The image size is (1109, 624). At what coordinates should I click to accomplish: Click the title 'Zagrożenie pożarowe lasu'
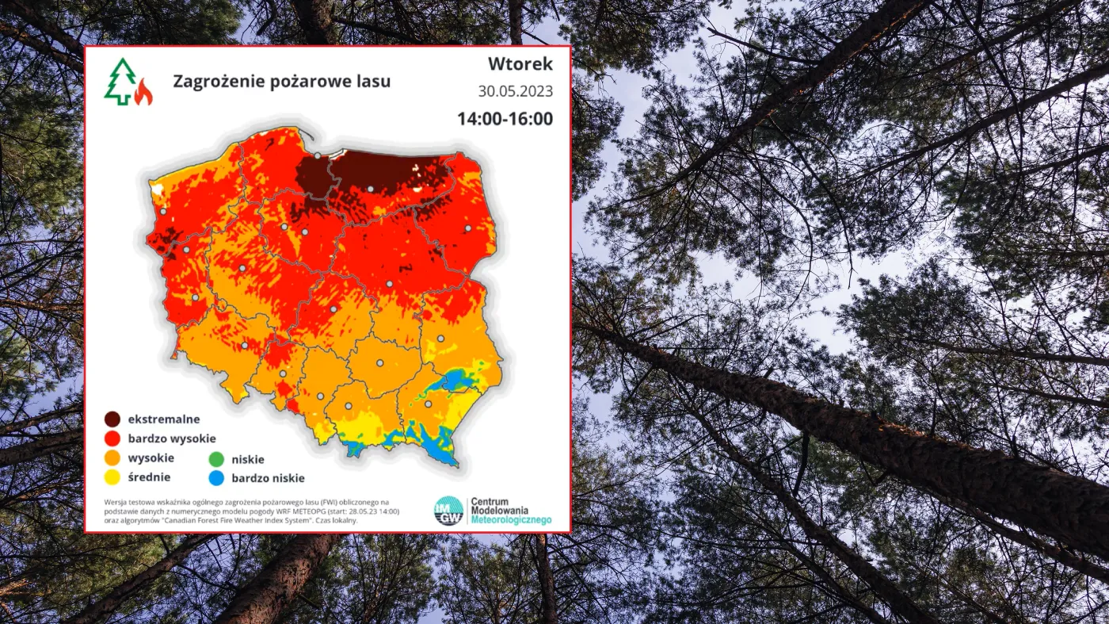coord(281,81)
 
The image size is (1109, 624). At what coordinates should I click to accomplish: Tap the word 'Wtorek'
coord(520,63)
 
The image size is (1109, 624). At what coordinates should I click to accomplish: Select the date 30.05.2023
coord(515,91)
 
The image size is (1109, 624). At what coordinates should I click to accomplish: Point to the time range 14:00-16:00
coord(505,119)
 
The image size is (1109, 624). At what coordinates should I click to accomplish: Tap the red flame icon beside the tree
coord(143,93)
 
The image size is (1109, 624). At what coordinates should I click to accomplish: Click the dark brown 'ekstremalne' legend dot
coord(112,419)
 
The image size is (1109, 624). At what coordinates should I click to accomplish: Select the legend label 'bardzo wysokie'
coord(172,438)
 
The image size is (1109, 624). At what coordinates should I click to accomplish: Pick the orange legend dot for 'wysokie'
coord(112,458)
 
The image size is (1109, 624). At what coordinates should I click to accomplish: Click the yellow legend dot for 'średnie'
coord(112,477)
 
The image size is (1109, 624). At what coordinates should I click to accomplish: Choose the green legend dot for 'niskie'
coord(215,459)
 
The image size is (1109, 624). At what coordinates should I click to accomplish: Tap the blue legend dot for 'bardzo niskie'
coord(215,478)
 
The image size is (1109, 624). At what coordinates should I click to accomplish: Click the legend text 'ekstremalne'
coord(164,419)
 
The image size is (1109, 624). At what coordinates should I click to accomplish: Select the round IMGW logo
coord(448,511)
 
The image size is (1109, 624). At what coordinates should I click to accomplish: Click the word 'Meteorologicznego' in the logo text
coord(510,521)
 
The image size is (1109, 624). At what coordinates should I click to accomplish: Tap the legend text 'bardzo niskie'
coord(268,478)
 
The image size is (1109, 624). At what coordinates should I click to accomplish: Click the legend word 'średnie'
coord(149,477)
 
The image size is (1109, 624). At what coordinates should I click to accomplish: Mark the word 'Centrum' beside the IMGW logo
coord(490,502)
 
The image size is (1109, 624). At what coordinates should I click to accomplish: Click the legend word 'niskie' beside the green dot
coord(248,459)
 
